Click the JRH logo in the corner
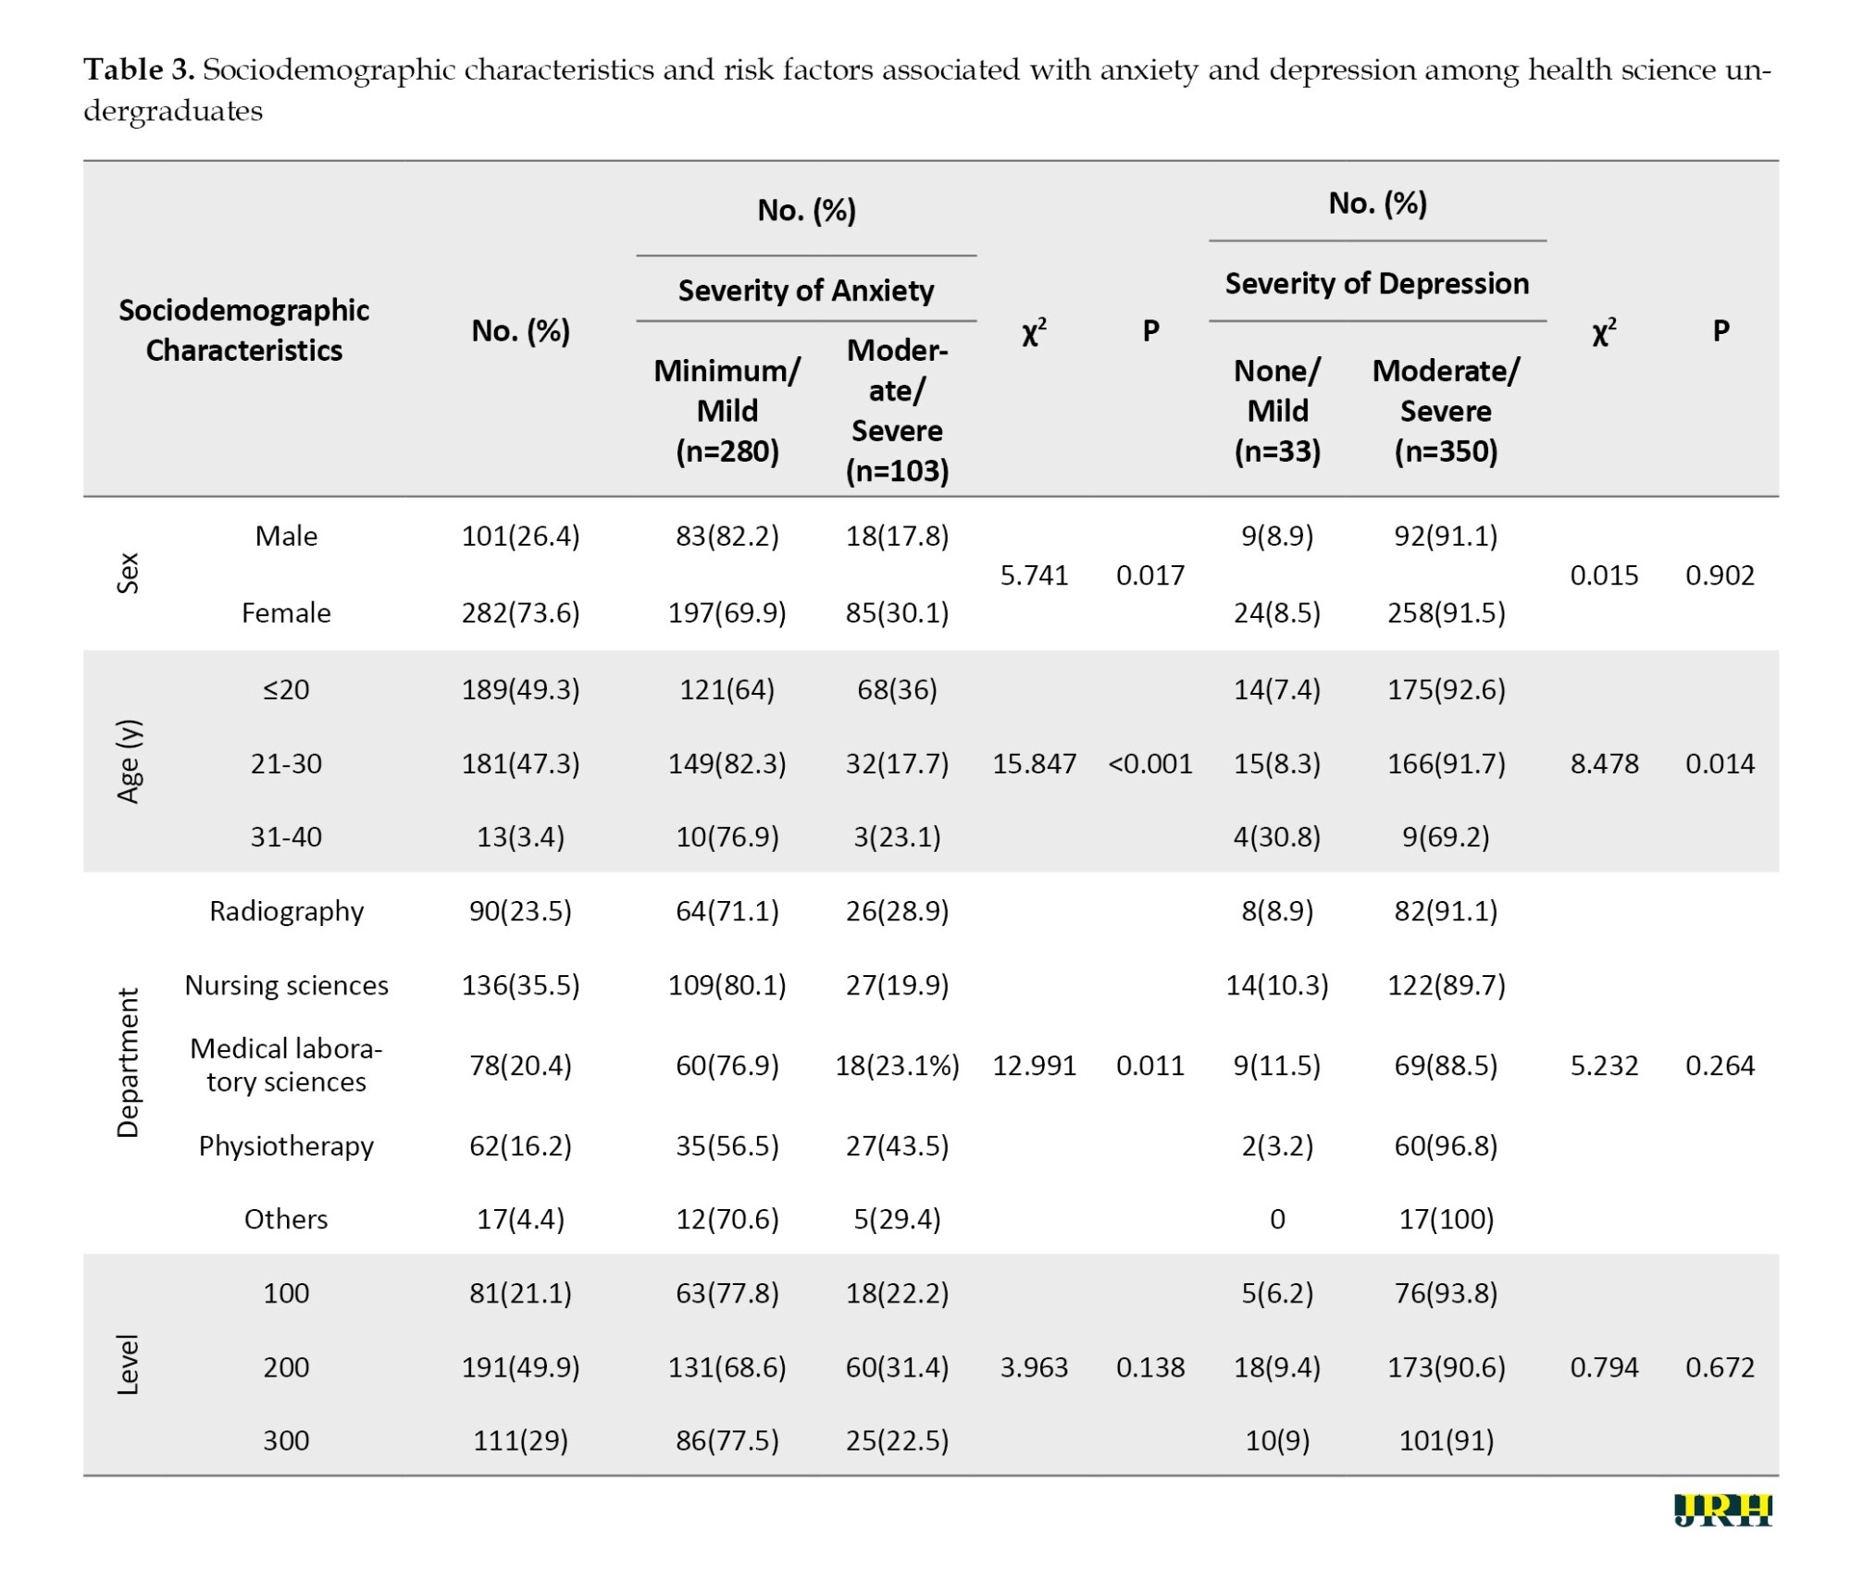tap(1722, 1511)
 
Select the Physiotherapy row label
tap(286, 1146)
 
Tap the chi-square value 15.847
tap(1034, 763)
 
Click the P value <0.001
tap(1149, 763)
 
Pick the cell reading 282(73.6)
tap(520, 612)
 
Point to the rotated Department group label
tap(128, 1063)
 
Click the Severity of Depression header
tap(1377, 283)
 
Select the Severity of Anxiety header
tap(806, 290)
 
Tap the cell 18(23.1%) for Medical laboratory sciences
tap(897, 1066)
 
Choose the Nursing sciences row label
tap(286, 985)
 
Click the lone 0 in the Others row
tap(1277, 1219)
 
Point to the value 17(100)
tap(1446, 1219)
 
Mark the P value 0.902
tap(1720, 575)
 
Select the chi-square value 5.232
tap(1604, 1066)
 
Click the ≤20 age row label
tap(286, 689)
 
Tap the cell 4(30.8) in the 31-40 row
tap(1277, 836)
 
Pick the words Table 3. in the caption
tap(139, 69)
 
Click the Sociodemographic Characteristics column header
tap(243, 330)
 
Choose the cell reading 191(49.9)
tap(520, 1367)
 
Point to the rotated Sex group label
tap(128, 574)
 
